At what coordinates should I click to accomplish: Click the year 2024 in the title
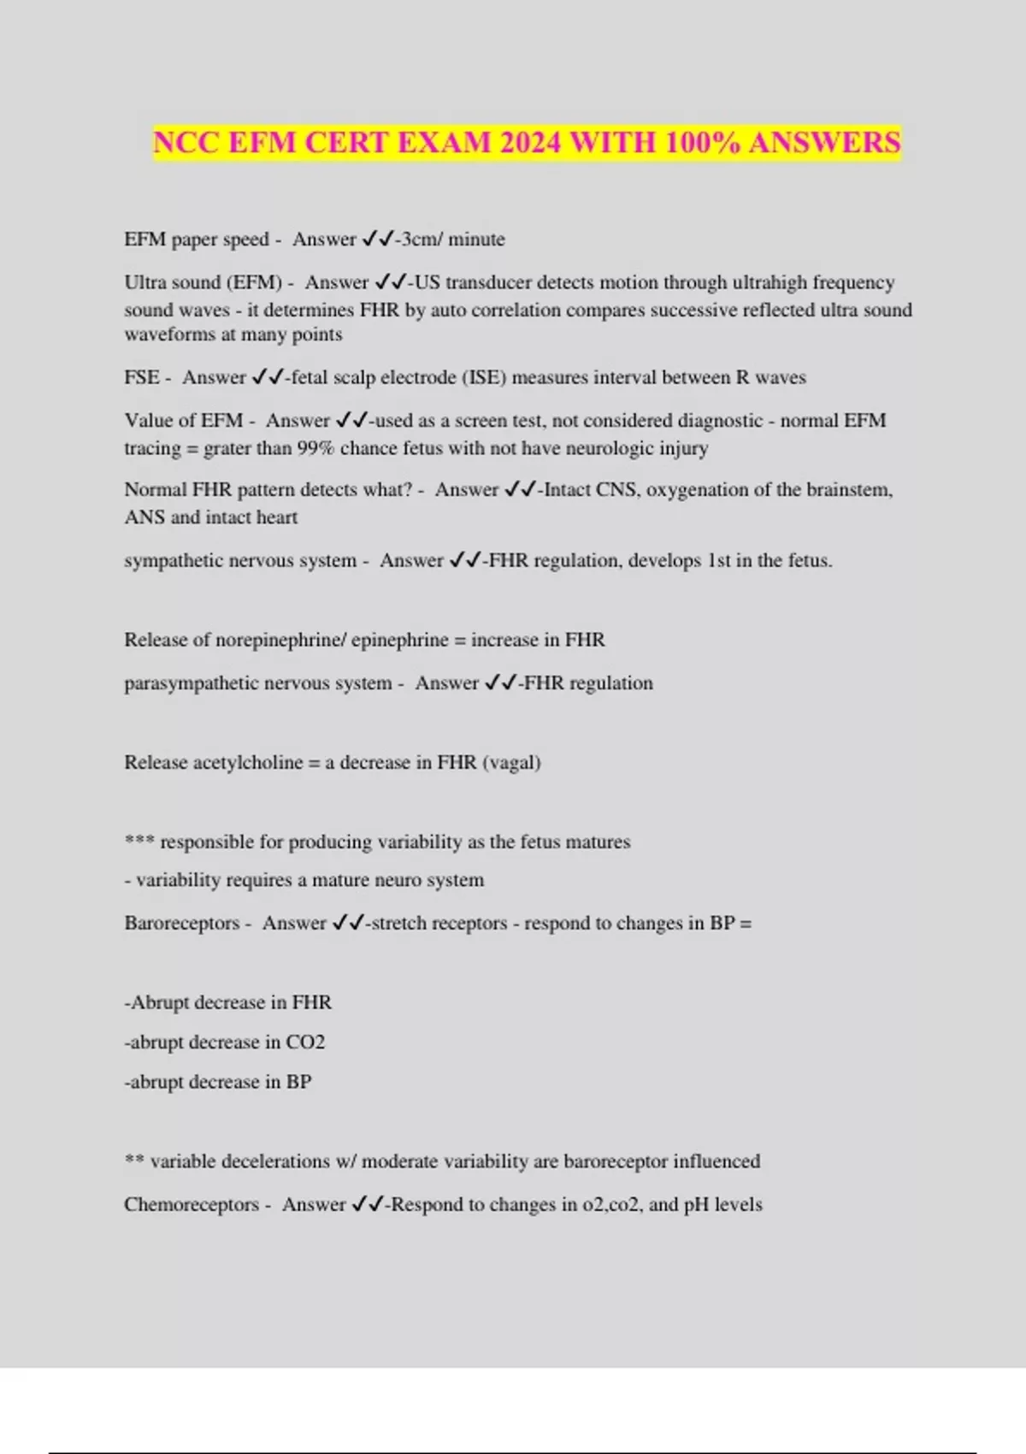click(x=530, y=142)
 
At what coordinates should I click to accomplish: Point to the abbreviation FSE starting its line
click(x=142, y=377)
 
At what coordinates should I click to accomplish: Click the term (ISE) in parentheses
click(x=483, y=377)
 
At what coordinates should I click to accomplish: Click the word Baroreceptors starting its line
click(x=182, y=924)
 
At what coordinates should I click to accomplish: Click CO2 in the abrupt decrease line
click(x=305, y=1043)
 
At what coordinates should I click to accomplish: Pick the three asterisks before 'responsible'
click(x=139, y=841)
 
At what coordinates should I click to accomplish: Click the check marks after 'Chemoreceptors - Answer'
click(x=369, y=1204)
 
